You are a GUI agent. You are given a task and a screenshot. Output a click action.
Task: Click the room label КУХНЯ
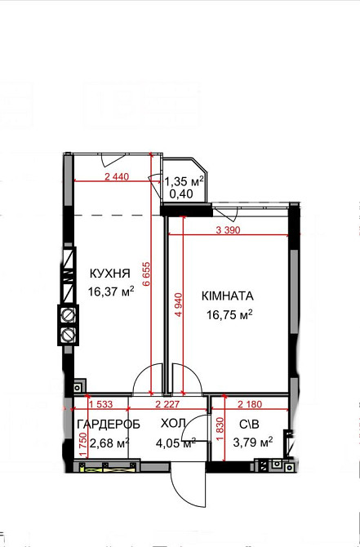(x=107, y=274)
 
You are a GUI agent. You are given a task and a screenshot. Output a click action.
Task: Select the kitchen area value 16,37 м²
(x=110, y=291)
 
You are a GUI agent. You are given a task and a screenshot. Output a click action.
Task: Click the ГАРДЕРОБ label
(x=109, y=425)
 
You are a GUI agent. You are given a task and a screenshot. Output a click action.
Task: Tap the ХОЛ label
(x=173, y=425)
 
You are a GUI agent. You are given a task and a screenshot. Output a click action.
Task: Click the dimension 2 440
(x=119, y=176)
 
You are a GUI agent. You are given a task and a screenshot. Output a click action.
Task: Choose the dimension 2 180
(x=251, y=404)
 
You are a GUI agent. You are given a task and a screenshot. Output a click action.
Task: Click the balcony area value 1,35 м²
(x=184, y=182)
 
